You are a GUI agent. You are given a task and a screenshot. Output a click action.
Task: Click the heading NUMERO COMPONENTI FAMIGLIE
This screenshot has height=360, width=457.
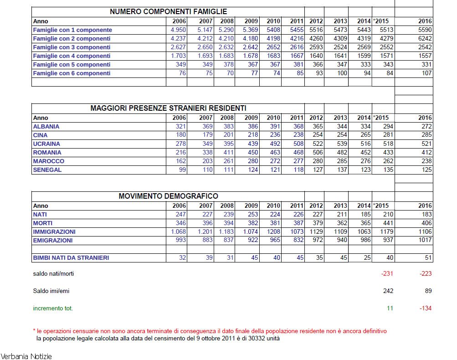click(168, 12)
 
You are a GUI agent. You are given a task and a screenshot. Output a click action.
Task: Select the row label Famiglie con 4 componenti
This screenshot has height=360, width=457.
click(72, 56)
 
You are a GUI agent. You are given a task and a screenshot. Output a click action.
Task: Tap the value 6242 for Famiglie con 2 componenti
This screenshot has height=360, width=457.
click(425, 39)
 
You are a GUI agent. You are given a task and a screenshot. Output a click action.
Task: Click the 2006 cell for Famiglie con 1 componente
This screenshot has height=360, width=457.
click(178, 30)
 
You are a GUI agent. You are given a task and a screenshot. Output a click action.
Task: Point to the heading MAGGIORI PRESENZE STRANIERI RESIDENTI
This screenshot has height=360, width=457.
click(168, 108)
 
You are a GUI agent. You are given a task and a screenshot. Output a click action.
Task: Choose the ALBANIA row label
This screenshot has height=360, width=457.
click(46, 127)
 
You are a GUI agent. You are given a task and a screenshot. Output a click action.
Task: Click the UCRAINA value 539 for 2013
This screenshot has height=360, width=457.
click(340, 144)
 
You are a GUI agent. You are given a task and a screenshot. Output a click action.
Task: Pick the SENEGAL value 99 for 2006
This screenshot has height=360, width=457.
click(182, 170)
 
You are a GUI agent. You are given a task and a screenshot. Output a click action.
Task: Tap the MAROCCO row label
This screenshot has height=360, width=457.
click(49, 161)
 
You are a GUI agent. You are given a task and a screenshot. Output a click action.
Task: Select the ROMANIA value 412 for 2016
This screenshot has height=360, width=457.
click(426, 153)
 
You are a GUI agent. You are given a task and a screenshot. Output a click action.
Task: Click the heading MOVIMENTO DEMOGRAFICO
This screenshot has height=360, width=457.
click(168, 196)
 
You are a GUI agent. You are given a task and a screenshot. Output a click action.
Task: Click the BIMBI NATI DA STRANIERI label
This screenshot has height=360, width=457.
click(71, 258)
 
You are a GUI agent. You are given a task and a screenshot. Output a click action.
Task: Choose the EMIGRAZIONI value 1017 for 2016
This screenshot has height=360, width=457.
click(425, 241)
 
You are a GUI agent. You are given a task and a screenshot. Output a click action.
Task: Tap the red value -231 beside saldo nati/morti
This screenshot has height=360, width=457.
click(386, 274)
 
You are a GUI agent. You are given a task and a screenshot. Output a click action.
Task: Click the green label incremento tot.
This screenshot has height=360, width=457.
click(53, 309)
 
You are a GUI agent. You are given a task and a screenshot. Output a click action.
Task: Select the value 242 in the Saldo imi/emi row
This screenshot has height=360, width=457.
click(387, 291)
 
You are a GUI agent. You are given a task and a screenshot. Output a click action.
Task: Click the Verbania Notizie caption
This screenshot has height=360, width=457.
click(26, 356)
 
